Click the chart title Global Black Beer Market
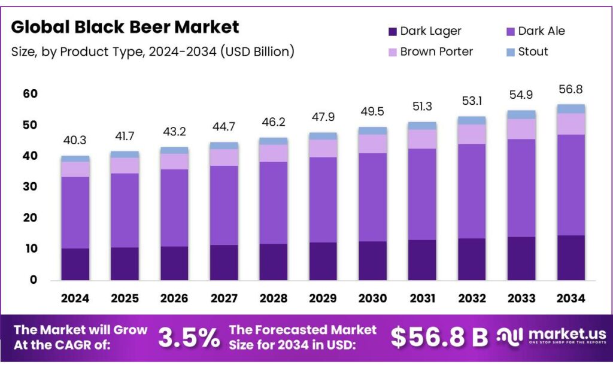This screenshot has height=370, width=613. (x=125, y=27)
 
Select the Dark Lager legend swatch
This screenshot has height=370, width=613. (x=392, y=31)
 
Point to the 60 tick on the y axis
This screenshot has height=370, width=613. (x=31, y=94)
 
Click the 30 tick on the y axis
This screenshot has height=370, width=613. (x=31, y=187)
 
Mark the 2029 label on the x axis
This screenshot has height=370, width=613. (x=323, y=298)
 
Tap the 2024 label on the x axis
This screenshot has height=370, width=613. (x=75, y=298)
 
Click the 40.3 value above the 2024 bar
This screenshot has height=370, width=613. (x=75, y=140)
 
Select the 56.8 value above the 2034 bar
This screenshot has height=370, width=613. (x=570, y=89)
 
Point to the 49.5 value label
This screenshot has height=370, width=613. (x=372, y=112)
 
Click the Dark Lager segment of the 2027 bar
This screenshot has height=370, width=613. (x=223, y=262)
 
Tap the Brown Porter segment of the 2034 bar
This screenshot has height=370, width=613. (x=570, y=124)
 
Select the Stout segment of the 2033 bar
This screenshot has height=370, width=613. (x=521, y=114)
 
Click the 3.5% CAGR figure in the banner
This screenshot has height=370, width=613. (x=189, y=338)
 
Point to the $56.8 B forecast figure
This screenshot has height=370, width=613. (x=439, y=338)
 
